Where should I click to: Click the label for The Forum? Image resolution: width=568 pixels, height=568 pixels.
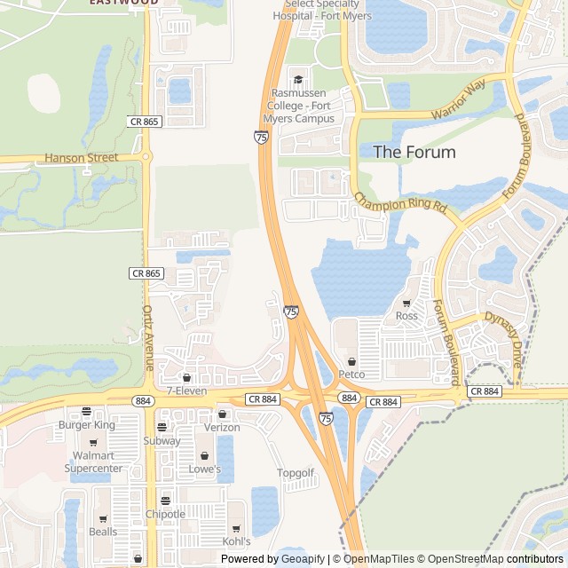[x=414, y=152]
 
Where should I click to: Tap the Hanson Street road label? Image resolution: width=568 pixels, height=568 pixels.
[x=81, y=158]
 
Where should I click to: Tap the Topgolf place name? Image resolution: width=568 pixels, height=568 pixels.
[x=296, y=473]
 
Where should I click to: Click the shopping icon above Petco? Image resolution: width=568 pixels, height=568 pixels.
[x=352, y=361]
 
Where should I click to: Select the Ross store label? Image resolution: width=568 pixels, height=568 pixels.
[x=406, y=316]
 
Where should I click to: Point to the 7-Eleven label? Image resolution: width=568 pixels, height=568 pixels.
[x=186, y=390]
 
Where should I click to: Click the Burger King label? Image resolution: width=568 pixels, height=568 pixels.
[x=86, y=425]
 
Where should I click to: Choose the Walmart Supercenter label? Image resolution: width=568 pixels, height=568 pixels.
[x=93, y=461]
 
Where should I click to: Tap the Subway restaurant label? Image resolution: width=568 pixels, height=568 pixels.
[x=162, y=441]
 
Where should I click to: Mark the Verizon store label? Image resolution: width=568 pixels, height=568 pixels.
[x=222, y=427]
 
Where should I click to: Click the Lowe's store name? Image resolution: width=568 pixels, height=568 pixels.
[x=204, y=469]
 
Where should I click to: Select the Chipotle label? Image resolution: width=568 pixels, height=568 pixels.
[x=165, y=514]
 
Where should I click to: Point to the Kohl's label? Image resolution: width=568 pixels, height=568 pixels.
[x=236, y=540]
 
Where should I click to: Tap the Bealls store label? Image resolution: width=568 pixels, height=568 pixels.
[x=102, y=532]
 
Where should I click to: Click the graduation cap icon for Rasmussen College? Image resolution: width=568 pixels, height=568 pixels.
[x=297, y=79]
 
